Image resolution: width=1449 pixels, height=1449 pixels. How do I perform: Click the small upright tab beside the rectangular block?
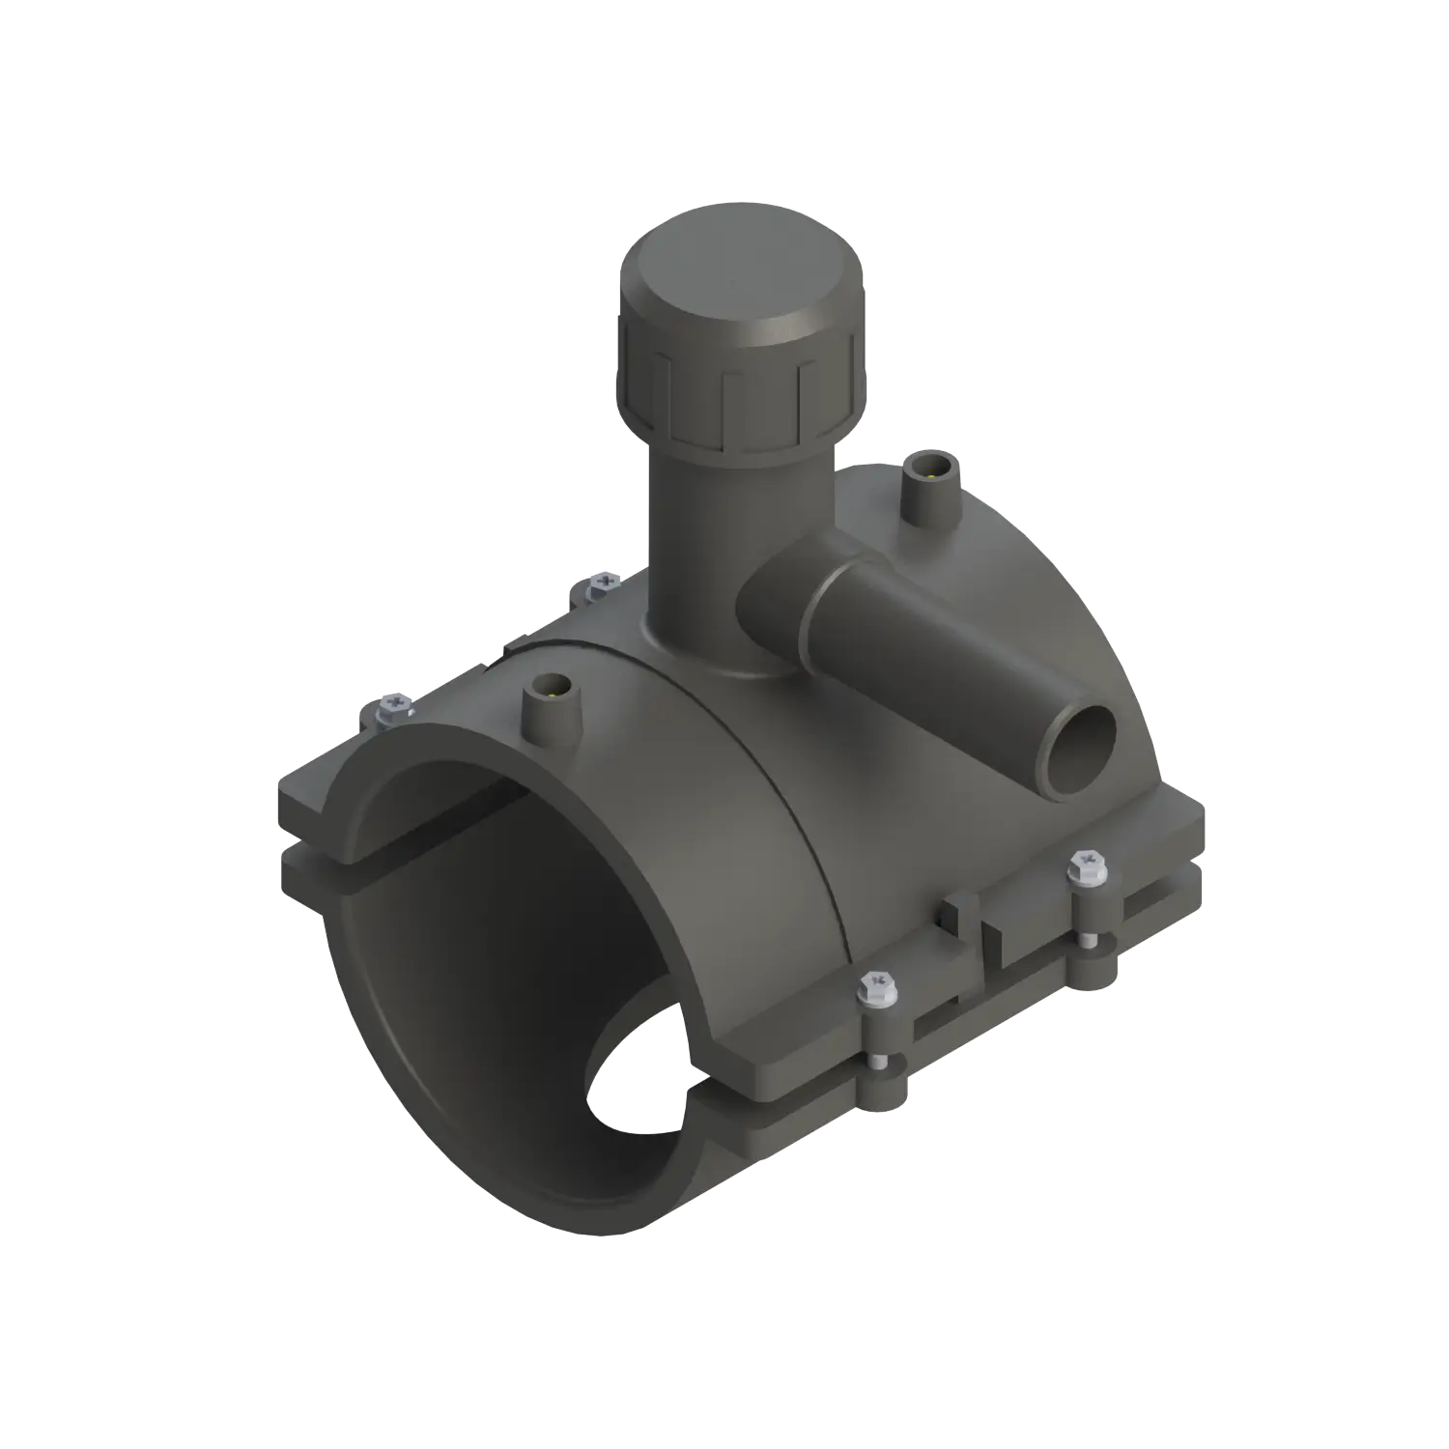click(956, 918)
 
